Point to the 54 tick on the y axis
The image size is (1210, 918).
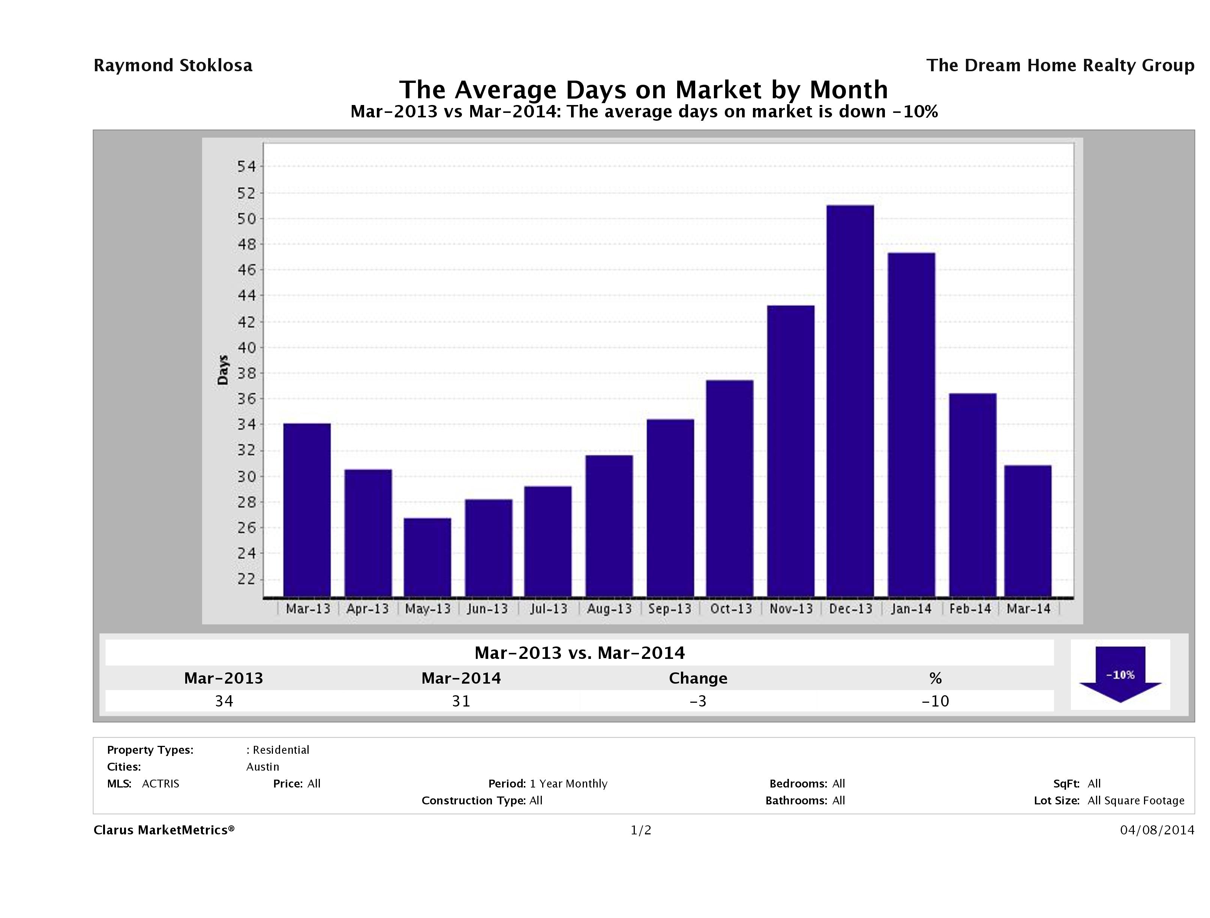click(x=246, y=166)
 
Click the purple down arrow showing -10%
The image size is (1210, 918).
click(x=1120, y=674)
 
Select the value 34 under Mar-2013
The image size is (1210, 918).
click(x=224, y=701)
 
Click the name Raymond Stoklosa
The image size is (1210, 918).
click(x=173, y=66)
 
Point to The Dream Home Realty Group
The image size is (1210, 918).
click(x=1060, y=66)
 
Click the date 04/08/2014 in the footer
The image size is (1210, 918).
click(x=1156, y=830)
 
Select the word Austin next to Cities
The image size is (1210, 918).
click(x=262, y=766)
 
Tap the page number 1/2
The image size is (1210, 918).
click(x=640, y=830)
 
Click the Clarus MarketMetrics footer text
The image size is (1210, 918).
click(x=163, y=830)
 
